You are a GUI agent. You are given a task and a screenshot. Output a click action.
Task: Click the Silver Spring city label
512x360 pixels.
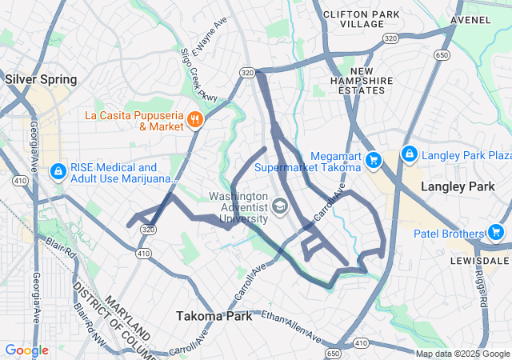point(41,79)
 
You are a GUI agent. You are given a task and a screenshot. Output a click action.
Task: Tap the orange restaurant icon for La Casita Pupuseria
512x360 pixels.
point(194,120)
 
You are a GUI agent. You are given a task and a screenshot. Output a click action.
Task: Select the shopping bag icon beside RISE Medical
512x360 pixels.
point(58,172)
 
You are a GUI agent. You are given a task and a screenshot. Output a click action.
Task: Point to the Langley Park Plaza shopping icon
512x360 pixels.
point(409,153)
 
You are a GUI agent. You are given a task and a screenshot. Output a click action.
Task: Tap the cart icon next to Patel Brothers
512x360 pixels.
point(496,233)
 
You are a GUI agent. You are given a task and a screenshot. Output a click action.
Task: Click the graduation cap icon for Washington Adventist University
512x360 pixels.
point(280,208)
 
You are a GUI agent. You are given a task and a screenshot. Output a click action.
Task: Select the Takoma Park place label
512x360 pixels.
point(214,316)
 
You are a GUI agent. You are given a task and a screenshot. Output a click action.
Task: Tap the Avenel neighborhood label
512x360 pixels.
point(470,18)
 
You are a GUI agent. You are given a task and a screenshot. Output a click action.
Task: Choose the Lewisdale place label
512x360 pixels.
point(486,261)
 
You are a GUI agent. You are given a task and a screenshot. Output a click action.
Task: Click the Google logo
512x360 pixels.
point(26,350)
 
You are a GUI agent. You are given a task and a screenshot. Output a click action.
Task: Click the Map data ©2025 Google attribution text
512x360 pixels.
point(462,354)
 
